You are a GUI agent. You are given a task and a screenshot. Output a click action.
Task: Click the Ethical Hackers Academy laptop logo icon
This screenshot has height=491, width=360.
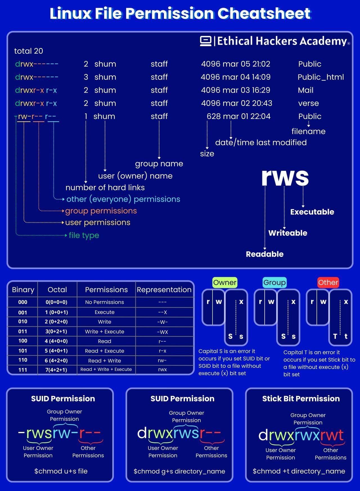click(x=206, y=41)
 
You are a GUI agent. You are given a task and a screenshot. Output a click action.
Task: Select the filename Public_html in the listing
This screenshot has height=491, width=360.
click(x=321, y=77)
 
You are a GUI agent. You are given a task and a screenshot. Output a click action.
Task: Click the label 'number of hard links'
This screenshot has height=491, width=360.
click(x=105, y=187)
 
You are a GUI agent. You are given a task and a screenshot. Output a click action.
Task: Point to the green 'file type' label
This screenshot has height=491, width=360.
click(x=84, y=235)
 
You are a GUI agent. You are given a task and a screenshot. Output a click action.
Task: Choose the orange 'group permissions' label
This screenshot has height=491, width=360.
click(x=101, y=211)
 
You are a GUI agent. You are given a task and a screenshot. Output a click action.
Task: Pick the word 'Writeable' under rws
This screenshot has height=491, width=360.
click(x=288, y=233)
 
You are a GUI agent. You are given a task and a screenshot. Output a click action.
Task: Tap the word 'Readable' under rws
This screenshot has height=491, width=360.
click(x=265, y=254)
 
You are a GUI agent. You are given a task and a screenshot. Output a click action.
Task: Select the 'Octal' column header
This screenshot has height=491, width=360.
click(x=57, y=290)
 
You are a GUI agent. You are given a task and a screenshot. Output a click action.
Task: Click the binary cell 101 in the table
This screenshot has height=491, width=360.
click(x=23, y=351)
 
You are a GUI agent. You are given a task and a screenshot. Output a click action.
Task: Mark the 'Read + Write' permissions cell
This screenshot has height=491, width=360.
click(x=105, y=360)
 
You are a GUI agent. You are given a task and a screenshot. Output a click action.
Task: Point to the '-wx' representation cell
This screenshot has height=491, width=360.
click(x=162, y=332)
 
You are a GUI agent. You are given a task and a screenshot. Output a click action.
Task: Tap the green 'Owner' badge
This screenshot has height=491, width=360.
click(x=225, y=283)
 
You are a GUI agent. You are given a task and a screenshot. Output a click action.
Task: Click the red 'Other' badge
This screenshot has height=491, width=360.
click(x=328, y=283)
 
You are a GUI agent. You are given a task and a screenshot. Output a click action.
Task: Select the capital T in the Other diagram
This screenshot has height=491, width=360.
click(x=335, y=336)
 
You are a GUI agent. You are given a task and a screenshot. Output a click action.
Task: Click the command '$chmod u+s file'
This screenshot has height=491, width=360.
click(x=61, y=471)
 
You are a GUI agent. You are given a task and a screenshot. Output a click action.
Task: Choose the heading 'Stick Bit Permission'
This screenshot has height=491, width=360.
click(x=301, y=399)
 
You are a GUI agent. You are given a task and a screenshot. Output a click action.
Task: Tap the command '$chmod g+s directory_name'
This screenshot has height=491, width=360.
click(x=179, y=471)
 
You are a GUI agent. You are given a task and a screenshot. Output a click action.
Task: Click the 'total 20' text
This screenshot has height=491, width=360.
click(x=29, y=51)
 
